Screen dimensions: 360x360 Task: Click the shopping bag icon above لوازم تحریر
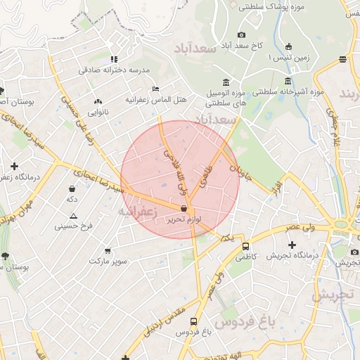184,209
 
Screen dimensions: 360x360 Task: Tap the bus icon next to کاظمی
245,247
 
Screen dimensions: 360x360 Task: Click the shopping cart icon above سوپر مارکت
108,250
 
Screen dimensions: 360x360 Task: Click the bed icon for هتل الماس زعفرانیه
155,89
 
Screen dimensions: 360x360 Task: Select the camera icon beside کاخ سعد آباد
241,35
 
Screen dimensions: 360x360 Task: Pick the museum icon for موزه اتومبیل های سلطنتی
225,82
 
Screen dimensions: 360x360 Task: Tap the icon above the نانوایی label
98,101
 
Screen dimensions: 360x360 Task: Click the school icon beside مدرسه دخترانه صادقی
115,59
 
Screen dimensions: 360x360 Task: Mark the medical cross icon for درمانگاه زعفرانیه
14,166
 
